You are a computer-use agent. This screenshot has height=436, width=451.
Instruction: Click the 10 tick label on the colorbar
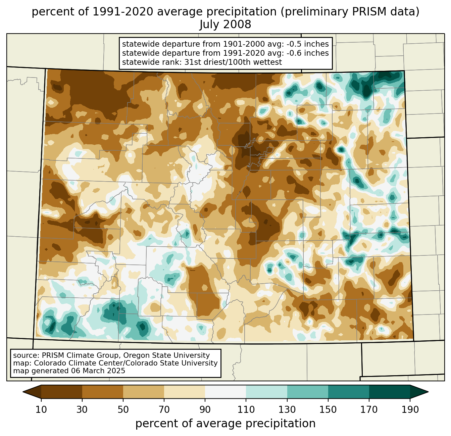pos(41,409)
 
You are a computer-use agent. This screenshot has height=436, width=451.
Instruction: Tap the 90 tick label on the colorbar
pos(205,409)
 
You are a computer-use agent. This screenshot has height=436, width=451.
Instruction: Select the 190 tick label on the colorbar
pos(410,409)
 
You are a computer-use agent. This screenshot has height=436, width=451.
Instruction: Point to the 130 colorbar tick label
pos(287,409)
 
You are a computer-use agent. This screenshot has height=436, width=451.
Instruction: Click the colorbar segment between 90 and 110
pos(225,392)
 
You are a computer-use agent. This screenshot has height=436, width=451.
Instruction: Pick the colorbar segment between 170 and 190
pos(389,392)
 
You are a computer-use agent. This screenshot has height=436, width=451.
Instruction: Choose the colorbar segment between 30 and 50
pos(102,392)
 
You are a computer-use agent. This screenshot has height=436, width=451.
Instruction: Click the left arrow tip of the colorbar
pos(23,392)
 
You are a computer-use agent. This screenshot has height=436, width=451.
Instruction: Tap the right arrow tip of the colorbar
pos(428,392)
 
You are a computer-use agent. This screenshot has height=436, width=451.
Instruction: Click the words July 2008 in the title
pos(225,24)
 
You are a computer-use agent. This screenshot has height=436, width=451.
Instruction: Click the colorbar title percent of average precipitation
pos(225,424)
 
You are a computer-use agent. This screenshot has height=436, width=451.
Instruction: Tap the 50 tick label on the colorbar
pos(123,409)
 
